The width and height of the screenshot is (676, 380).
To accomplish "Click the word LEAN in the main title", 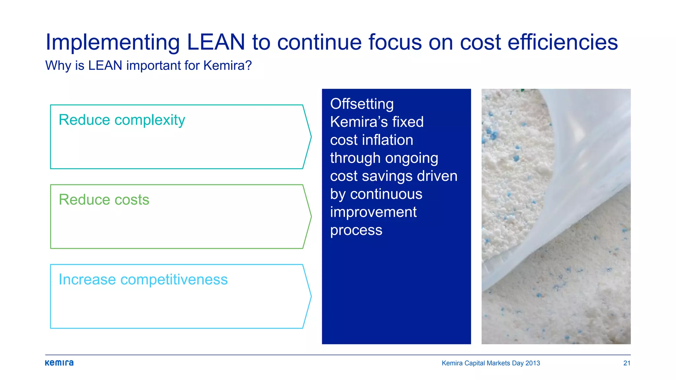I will (216, 42).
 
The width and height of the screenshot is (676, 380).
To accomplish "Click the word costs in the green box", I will (132, 200).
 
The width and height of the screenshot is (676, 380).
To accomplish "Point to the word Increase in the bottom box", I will (87, 280).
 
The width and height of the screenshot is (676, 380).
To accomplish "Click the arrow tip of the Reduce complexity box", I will (310, 137).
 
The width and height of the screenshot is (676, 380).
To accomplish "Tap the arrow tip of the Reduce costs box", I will (310, 216).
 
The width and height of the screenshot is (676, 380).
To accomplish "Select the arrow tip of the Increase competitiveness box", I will (310, 296).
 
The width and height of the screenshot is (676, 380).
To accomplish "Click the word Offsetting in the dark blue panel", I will (362, 104).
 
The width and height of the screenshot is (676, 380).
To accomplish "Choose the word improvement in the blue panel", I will (373, 212).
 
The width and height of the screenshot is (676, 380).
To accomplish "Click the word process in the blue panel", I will (356, 230).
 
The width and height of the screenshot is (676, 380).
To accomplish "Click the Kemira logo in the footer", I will (59, 363).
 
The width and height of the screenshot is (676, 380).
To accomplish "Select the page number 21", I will (626, 363).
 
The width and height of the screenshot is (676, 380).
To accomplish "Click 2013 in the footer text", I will (532, 363).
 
